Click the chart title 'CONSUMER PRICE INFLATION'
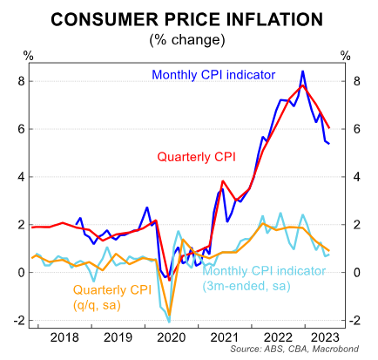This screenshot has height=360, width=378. click(189, 17)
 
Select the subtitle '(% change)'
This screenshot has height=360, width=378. click(189, 38)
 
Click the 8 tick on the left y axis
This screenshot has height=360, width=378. click(18, 81)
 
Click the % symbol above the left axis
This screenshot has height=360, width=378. click(28, 57)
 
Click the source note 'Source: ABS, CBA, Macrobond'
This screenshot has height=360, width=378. click(300, 351)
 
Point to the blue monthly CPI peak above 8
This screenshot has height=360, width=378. click(302, 71)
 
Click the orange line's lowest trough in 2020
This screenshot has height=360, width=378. click(169, 315)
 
